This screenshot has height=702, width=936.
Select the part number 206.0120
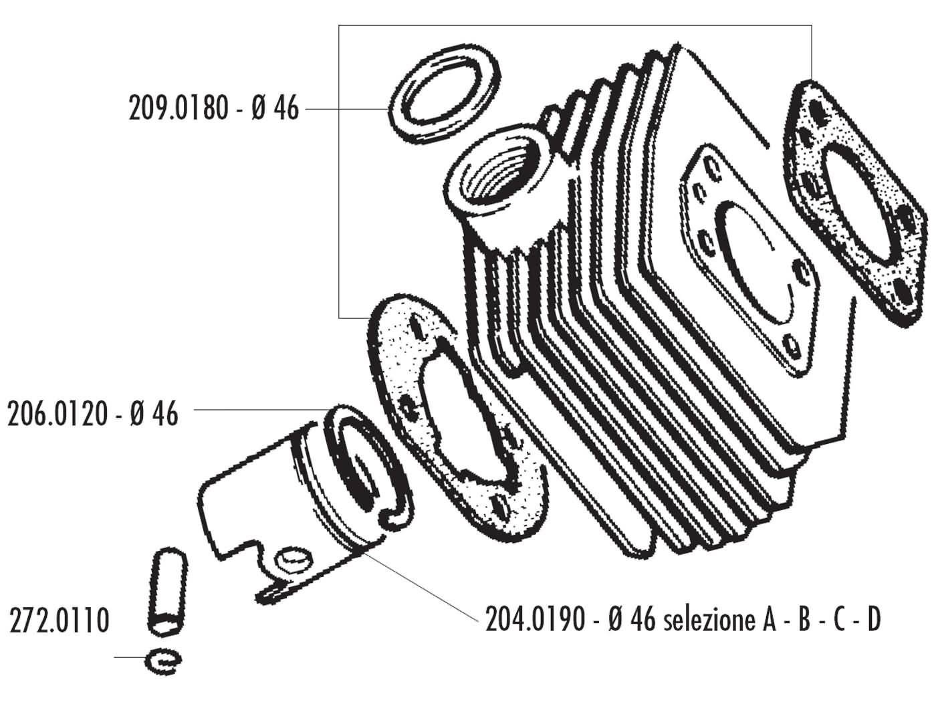pyautogui.click(x=57, y=415)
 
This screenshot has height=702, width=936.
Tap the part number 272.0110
pyautogui.click(x=59, y=620)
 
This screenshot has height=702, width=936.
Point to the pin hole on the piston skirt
pyautogui.click(x=293, y=560)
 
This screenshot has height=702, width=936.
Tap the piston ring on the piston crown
pyautogui.click(x=364, y=468)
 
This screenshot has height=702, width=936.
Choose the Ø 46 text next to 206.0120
pyautogui.click(x=155, y=415)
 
